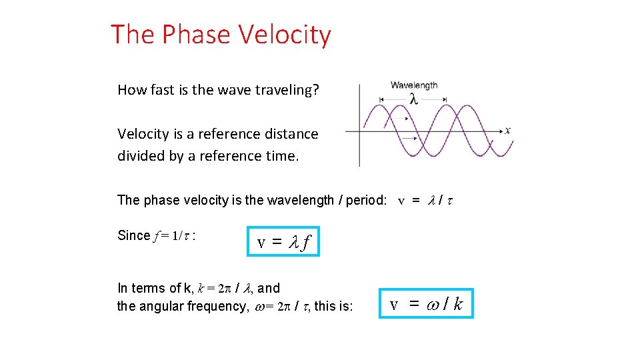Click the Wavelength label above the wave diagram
413,85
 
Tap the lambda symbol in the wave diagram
413,99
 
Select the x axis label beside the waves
508,130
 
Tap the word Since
133,235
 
